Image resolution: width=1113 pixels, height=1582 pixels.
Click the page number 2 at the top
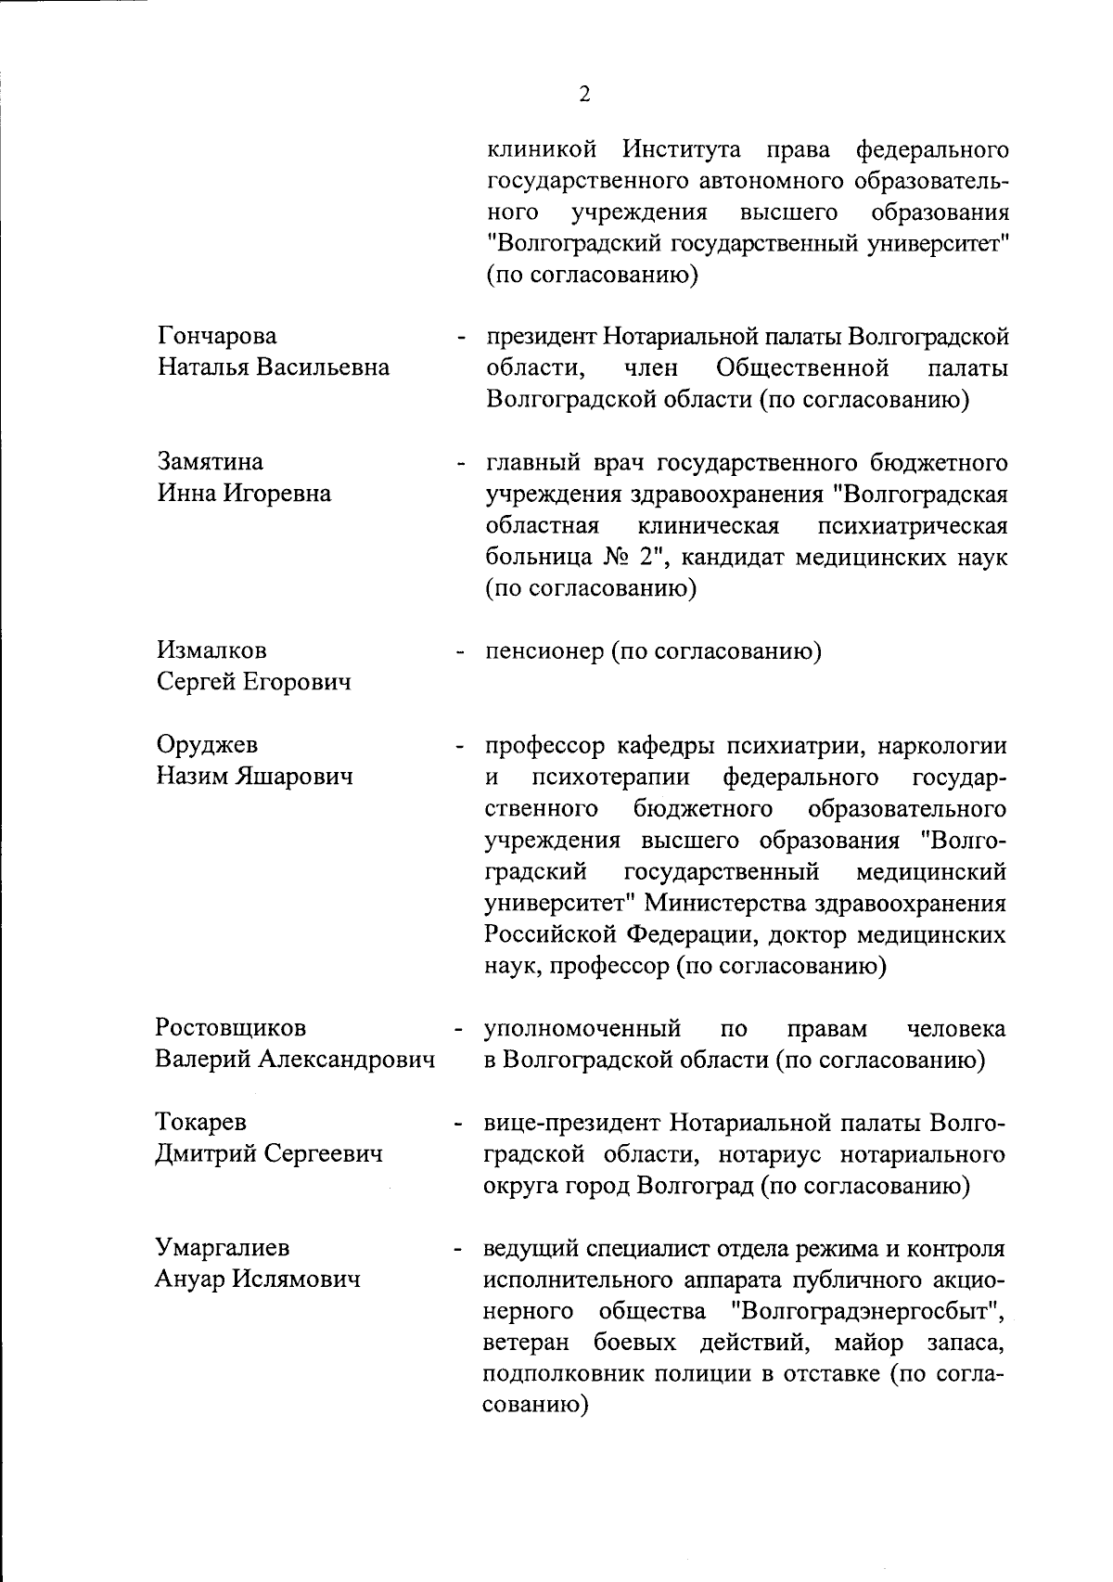[584, 94]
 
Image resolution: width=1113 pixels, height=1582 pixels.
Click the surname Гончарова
[217, 336]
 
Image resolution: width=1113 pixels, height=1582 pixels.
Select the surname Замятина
[211, 461]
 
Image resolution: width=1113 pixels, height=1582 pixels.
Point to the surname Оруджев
[208, 745]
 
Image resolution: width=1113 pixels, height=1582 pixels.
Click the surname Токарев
[201, 1122]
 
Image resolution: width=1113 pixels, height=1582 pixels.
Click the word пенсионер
[544, 651]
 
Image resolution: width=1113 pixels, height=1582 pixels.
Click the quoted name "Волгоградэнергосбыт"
[870, 1311]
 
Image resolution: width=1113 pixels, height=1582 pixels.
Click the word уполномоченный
[583, 1028]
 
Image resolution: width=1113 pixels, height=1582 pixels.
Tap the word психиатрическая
[913, 526]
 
